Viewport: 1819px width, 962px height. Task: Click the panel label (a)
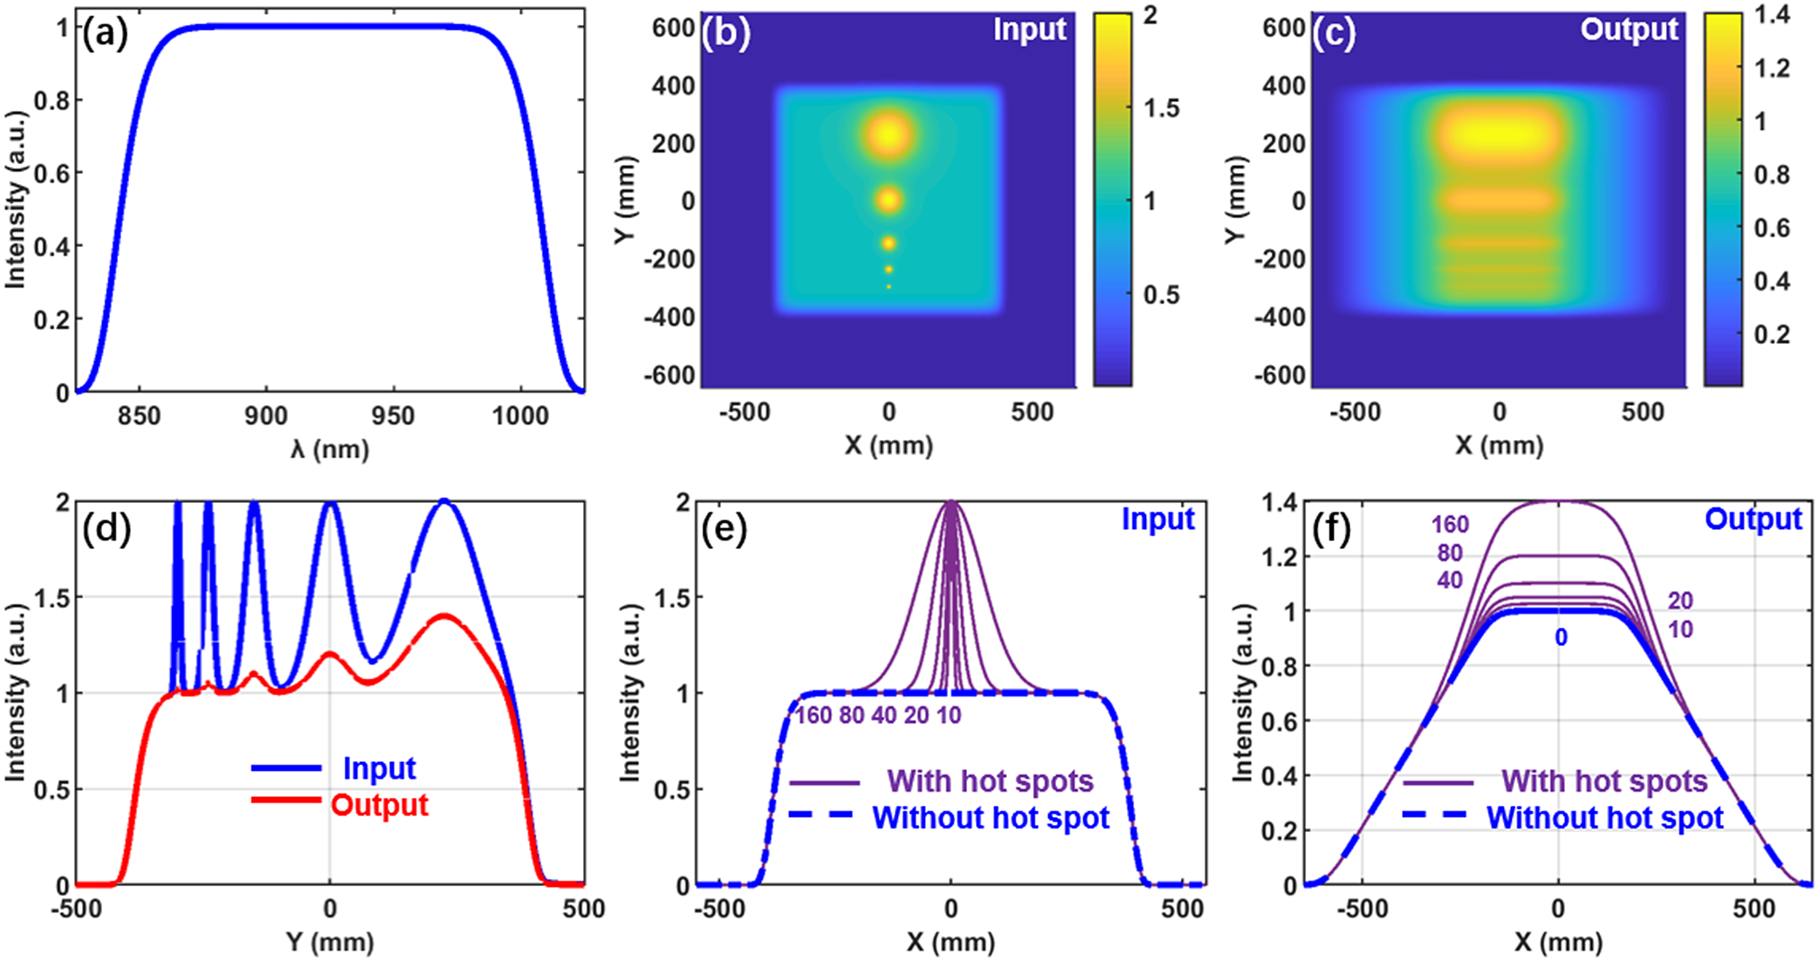[x=105, y=33]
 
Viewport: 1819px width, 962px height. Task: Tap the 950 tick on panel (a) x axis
[x=393, y=416]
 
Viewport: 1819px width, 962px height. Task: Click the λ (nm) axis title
[x=330, y=450]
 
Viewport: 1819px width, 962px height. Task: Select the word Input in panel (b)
[x=1029, y=30]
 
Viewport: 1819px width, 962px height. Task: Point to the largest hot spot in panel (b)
[x=889, y=135]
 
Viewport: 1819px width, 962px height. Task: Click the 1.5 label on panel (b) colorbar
[x=1162, y=108]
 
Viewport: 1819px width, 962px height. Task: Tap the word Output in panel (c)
[x=1629, y=30]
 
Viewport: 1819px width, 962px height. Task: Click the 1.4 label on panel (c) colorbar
[x=1771, y=15]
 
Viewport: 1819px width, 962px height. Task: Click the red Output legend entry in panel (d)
[x=379, y=805]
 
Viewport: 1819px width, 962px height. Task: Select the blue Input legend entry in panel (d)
[x=379, y=768]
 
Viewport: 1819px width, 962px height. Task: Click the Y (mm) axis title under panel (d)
[x=330, y=942]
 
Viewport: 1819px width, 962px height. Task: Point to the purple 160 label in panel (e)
[x=813, y=716]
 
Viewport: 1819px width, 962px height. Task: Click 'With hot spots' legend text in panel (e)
[x=990, y=781]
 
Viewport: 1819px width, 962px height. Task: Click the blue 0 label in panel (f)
[x=1561, y=638]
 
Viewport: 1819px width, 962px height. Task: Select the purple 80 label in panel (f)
[x=1450, y=553]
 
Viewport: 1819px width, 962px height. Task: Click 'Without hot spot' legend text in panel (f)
[x=1604, y=818]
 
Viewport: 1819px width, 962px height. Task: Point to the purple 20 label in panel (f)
[x=1680, y=601]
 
